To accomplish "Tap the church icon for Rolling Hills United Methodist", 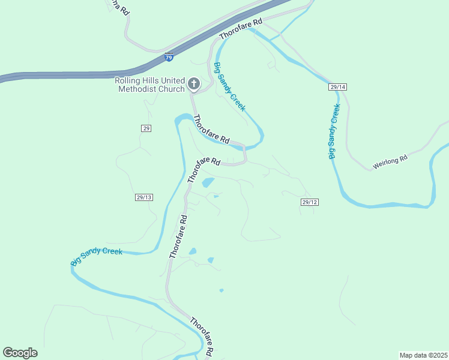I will click(x=194, y=84).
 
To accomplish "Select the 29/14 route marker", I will click(x=338, y=87).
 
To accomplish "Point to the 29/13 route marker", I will click(x=144, y=197).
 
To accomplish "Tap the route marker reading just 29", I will click(x=146, y=128).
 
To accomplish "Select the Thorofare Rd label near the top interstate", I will click(x=241, y=29).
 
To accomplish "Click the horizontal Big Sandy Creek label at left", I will click(x=97, y=256).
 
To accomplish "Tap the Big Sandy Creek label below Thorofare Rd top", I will click(x=230, y=86).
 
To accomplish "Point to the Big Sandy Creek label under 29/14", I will click(x=334, y=131).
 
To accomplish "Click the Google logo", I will click(x=20, y=353).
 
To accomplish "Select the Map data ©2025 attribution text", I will click(x=423, y=355).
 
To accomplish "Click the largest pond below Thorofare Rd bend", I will click(x=208, y=182).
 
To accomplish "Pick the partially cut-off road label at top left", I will click(x=118, y=7).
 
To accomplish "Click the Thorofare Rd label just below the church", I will click(x=211, y=129).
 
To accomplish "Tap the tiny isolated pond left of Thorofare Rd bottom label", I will click(x=221, y=290).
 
